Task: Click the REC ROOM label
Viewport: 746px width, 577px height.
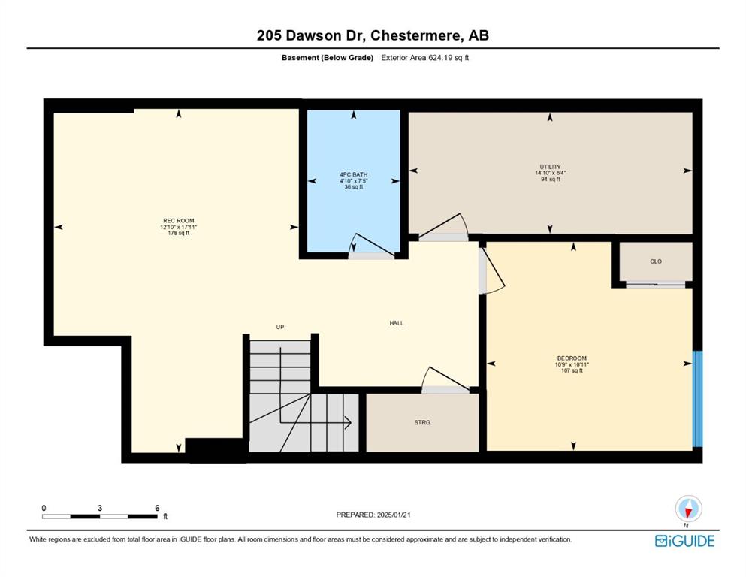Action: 178,221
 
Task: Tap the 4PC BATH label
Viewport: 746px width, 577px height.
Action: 354,174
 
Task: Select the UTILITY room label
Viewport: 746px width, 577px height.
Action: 550,167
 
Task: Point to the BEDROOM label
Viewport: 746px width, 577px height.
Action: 572,358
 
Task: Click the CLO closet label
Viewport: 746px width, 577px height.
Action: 656,261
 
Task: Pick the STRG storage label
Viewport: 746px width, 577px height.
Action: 422,422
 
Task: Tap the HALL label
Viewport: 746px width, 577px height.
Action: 397,323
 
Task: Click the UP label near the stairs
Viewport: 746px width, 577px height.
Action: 280,327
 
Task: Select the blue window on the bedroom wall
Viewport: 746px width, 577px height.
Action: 697,399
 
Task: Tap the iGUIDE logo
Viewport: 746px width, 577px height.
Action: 684,541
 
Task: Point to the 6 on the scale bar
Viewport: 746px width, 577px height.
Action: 157,508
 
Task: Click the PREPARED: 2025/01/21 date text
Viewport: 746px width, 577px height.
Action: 373,515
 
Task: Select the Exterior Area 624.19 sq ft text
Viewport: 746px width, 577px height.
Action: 425,58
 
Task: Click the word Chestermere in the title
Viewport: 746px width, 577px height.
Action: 415,35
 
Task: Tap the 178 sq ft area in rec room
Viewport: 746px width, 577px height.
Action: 178,233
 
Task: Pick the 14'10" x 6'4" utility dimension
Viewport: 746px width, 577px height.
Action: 550,173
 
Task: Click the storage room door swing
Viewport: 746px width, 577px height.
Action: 445,378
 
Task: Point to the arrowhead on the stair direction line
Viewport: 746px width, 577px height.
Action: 348,422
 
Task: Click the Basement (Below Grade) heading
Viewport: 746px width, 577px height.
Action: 328,58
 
